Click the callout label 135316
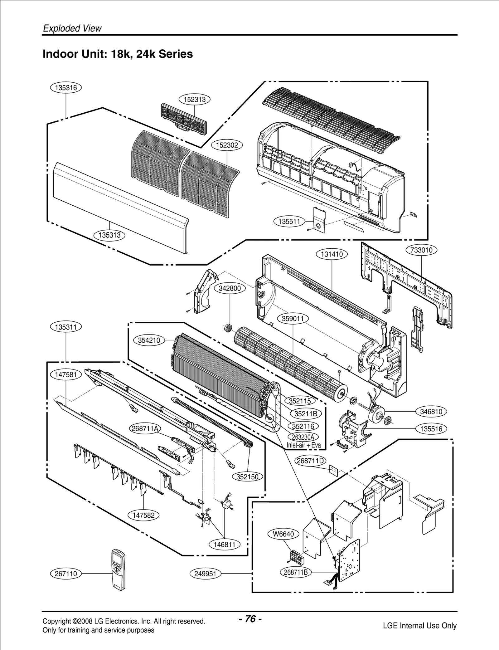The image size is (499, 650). click(x=66, y=88)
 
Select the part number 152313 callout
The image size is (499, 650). click(x=195, y=100)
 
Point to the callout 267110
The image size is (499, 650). click(x=66, y=574)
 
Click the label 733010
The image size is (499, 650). click(x=421, y=250)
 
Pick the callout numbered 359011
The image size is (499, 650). click(x=293, y=319)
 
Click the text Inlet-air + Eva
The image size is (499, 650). click(x=303, y=445)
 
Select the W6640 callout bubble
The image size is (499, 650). click(x=283, y=534)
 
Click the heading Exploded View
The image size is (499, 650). click(x=72, y=28)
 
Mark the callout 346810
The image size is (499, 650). click(x=431, y=412)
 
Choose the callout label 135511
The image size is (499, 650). click(x=289, y=222)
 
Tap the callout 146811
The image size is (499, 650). click(x=224, y=545)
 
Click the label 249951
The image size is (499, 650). click(x=205, y=574)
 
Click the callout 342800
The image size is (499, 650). click(x=230, y=288)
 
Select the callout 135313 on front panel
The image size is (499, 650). click(x=109, y=235)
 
